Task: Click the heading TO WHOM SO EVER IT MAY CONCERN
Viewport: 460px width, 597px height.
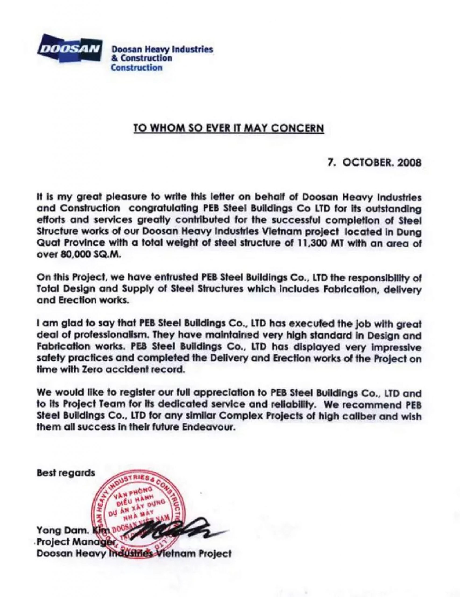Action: point(229,128)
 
